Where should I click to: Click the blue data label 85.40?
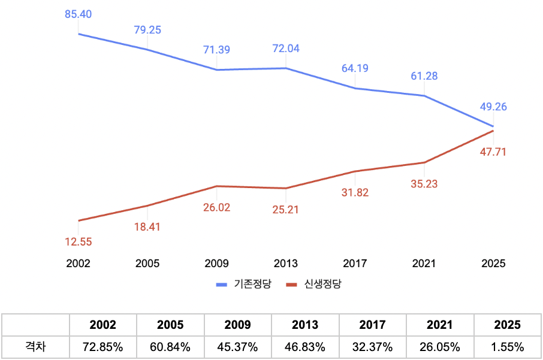[x=78, y=14]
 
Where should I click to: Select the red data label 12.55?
[x=78, y=242]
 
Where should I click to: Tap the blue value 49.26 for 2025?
[x=493, y=107]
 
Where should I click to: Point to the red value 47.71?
[x=493, y=152]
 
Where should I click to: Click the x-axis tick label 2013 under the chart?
[x=285, y=263]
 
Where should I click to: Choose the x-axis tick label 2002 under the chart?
[x=78, y=263]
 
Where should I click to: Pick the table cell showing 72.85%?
[x=102, y=346]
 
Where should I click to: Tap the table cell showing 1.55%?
[x=508, y=346]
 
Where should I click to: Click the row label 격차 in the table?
[x=35, y=346]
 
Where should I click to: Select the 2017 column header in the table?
[x=373, y=325]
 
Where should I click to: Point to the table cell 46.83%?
[x=305, y=346]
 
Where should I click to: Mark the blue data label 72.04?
[x=286, y=49]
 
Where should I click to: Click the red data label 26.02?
[x=216, y=208]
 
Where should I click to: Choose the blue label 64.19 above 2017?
[x=355, y=68]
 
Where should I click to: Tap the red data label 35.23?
[x=424, y=184]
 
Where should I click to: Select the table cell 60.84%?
[x=170, y=346]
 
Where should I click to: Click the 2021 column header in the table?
[x=440, y=325]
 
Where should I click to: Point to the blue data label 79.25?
[x=147, y=29]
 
